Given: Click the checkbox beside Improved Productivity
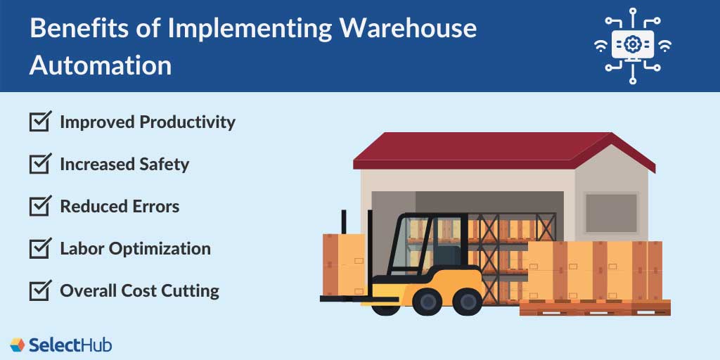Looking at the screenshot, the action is pos(39,122).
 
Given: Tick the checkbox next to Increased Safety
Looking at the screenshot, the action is pos(39,165).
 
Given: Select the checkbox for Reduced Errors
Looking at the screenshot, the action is pos(39,207).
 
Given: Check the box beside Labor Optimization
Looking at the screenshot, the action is pos(39,249).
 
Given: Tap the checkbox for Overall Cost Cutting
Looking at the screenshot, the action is pos(39,290).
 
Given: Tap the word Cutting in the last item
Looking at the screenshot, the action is pos(193,290).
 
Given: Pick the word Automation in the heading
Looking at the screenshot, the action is pos(100,65).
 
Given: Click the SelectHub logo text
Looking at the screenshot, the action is pos(70,345).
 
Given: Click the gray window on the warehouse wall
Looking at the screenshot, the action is pos(611,214).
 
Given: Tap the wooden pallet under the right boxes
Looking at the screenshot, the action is pos(594,308).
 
